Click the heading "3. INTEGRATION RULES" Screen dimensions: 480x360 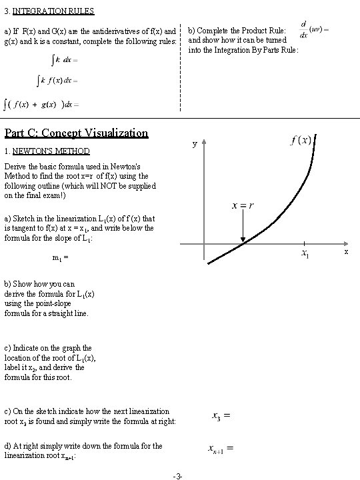tap(49, 11)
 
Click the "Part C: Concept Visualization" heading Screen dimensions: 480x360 tap(76, 133)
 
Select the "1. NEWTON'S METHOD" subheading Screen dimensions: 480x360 tap(47, 151)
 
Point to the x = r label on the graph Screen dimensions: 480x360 tap(241, 205)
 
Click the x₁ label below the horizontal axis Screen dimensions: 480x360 tap(304, 254)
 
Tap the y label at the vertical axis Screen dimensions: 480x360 tap(194, 144)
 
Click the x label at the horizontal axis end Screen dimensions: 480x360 tap(345, 252)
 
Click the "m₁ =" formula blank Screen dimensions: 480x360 tap(60, 257)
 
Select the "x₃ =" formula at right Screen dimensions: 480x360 tap(221, 417)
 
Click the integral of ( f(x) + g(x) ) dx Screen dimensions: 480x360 tap(41, 104)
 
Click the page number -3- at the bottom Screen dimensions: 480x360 tap(178, 475)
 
